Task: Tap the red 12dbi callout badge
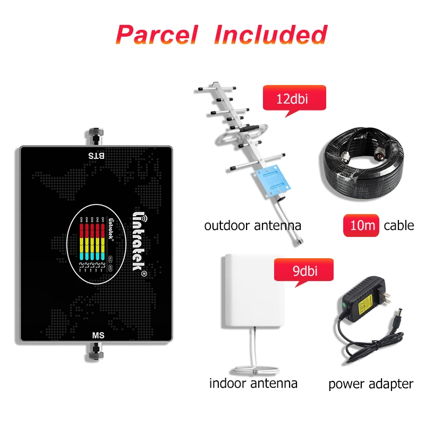[x=293, y=99]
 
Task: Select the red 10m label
[x=361, y=225]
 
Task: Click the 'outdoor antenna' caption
[x=252, y=225]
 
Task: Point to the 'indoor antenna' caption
[x=253, y=382]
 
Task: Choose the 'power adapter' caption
[x=370, y=383]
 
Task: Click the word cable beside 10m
[x=398, y=225]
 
